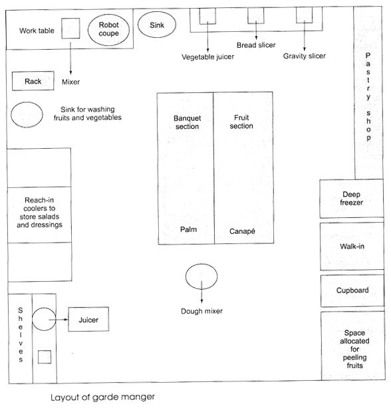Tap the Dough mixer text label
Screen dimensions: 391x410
pyautogui.click(x=201, y=311)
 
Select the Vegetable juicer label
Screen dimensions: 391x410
pyautogui.click(x=207, y=56)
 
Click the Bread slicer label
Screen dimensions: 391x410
pyautogui.click(x=256, y=45)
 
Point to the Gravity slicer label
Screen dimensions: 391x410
pyautogui.click(x=305, y=56)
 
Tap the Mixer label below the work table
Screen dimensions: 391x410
pyautogui.click(x=70, y=82)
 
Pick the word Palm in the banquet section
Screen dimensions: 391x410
pyautogui.click(x=188, y=229)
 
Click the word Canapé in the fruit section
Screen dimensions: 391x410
pyautogui.click(x=242, y=231)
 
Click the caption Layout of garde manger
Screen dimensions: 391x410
pyautogui.click(x=102, y=397)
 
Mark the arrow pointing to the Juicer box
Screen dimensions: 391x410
pyautogui.click(x=59, y=320)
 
